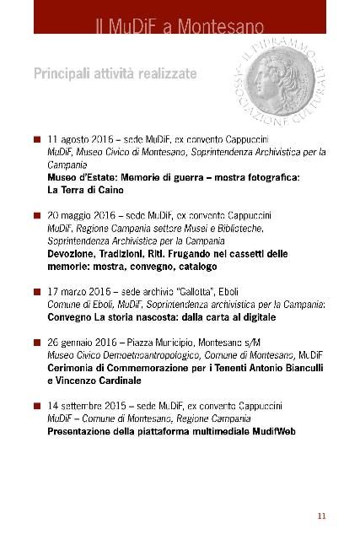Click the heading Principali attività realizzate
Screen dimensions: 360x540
coord(115,73)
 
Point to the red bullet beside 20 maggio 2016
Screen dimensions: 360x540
coord(37,216)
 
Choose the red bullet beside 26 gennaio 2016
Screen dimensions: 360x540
coord(37,345)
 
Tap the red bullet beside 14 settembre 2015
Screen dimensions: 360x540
coord(37,407)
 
